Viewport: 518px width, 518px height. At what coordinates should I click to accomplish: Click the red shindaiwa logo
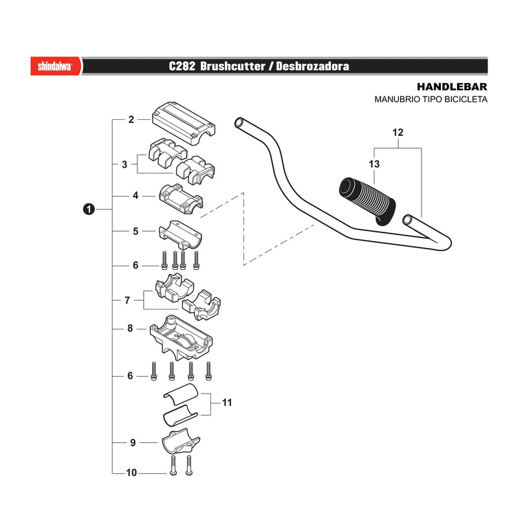coord(56,66)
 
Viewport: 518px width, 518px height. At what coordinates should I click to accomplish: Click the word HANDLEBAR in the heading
coord(452,87)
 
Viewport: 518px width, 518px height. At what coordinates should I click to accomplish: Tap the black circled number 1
coord(89,209)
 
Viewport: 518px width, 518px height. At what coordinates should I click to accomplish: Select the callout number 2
coord(131,119)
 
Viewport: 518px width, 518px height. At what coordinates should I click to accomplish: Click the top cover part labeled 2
coord(183,123)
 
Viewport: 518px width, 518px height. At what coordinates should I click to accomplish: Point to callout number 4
coord(135,196)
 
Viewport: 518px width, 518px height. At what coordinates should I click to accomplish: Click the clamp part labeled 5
coord(181,235)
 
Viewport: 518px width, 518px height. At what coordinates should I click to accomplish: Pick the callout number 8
coord(130,328)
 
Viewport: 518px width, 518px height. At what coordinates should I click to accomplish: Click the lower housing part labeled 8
coord(181,337)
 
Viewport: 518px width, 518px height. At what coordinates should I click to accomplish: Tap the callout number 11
coord(227,402)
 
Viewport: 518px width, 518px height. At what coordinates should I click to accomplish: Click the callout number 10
coord(131,473)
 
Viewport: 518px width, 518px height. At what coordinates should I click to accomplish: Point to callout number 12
coord(398,133)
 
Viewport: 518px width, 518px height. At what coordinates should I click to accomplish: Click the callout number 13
coord(374,164)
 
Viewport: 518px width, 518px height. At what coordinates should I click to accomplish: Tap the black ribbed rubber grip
coord(367,201)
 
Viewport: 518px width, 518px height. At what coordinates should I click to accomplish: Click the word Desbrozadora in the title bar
coord(313,66)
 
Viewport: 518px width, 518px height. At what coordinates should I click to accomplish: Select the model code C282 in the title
coord(182,66)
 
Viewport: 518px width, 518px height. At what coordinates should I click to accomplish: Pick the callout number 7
coord(128,300)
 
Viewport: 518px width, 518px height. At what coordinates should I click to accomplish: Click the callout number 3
coord(124,164)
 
